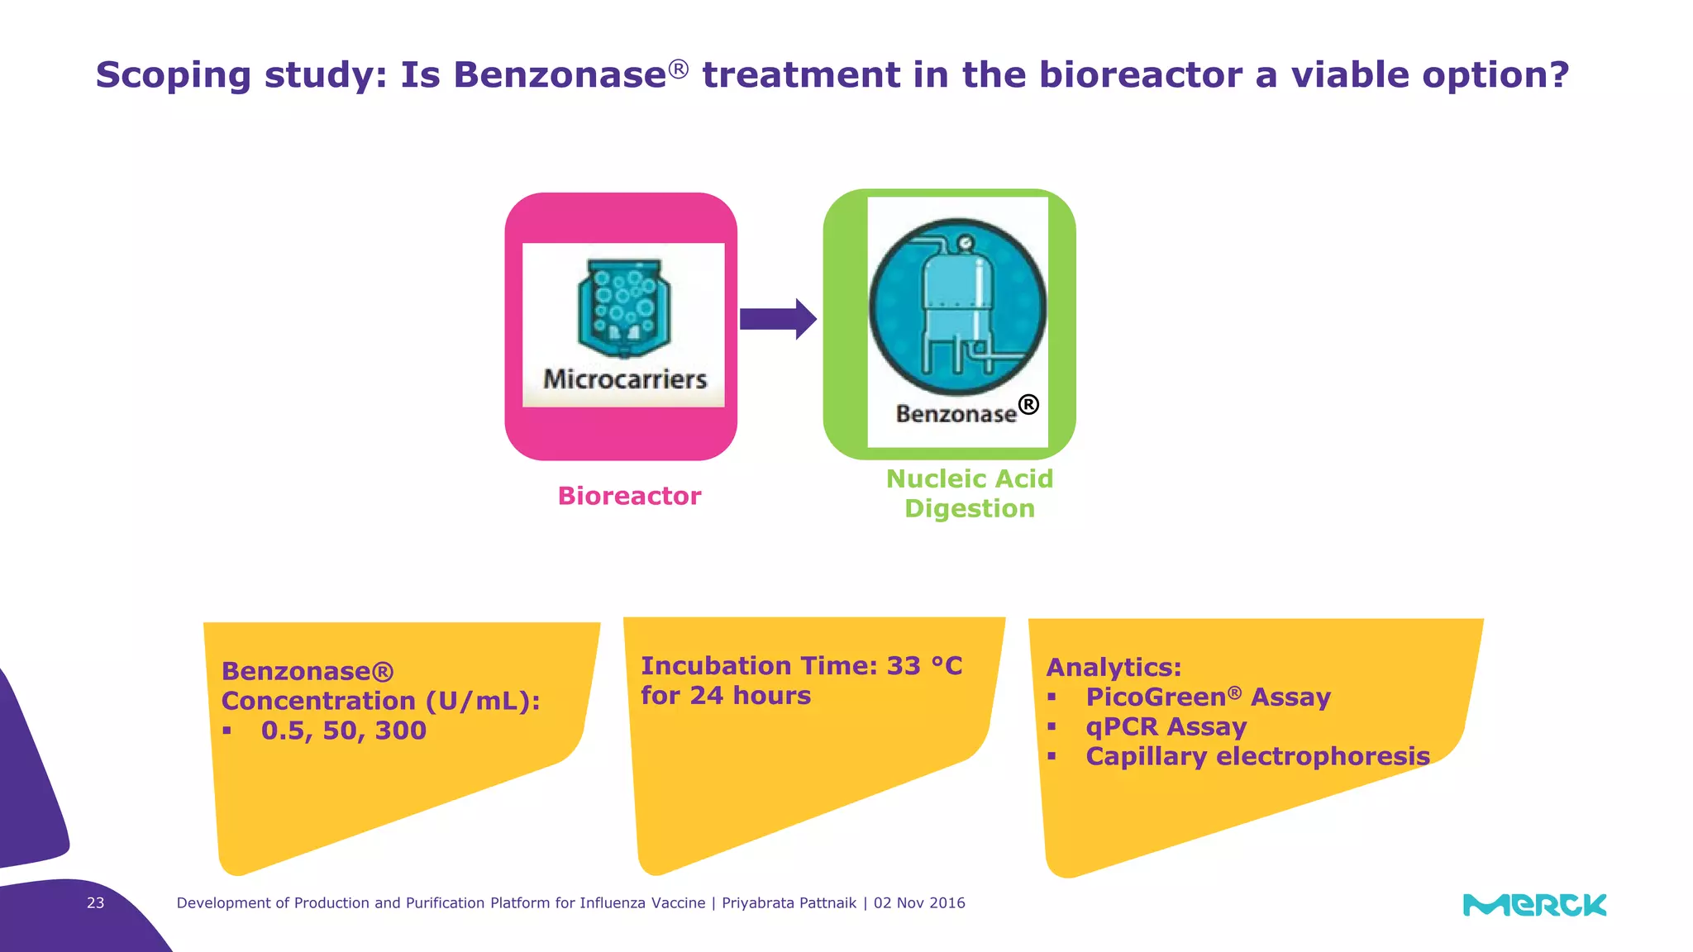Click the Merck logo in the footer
click(x=1534, y=905)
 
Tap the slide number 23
click(x=96, y=903)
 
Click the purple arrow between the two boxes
click(x=777, y=319)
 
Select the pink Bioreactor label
click(x=629, y=496)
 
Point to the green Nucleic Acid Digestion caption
click(x=970, y=493)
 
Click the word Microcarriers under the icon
click(x=625, y=379)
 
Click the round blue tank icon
click(x=957, y=307)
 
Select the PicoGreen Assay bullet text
click(x=1208, y=697)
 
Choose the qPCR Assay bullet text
click(x=1166, y=727)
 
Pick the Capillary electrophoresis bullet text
click(x=1257, y=756)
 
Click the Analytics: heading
click(x=1114, y=667)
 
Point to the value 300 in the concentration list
click(x=401, y=731)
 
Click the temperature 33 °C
click(x=924, y=666)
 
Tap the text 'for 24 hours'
click(x=726, y=696)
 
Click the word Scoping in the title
click(x=173, y=76)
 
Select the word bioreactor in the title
click(x=1140, y=74)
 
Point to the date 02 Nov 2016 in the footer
click(x=919, y=903)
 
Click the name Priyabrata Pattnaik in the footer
click(x=789, y=903)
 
